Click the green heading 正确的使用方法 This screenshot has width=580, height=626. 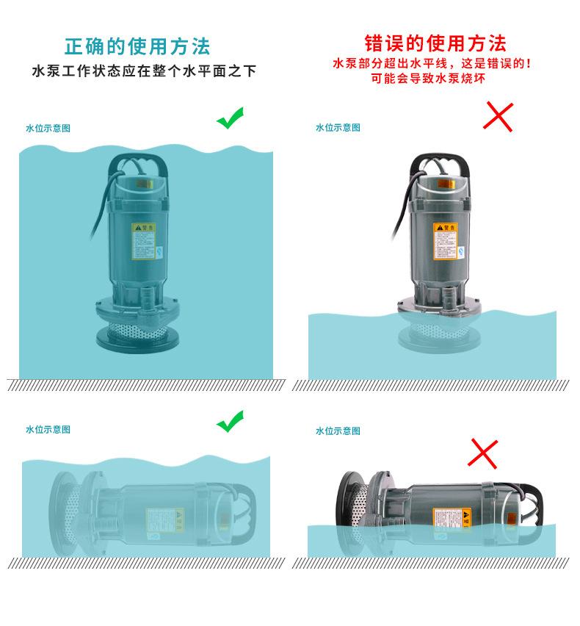tap(138, 46)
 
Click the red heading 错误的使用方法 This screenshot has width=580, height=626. tap(436, 43)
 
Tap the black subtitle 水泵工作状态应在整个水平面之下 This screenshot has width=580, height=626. tap(144, 72)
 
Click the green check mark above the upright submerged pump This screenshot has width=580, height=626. tap(230, 119)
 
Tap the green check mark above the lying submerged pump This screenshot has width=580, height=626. tap(230, 422)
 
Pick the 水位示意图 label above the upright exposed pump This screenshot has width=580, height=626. tap(338, 128)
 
